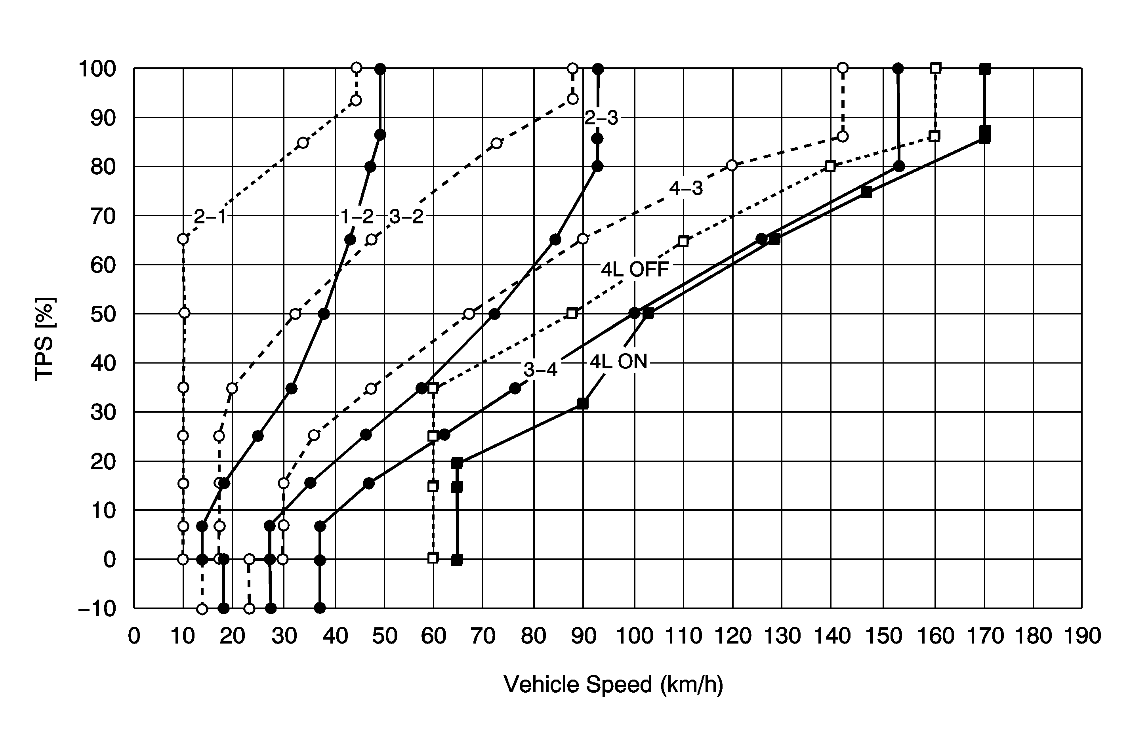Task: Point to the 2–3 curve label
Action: click(601, 118)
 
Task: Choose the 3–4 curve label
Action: click(540, 369)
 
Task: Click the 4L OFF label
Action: click(635, 270)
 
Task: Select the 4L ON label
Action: click(619, 362)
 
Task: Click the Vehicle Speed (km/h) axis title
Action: click(613, 684)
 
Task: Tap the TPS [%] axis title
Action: click(45, 339)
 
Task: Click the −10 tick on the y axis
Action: click(97, 609)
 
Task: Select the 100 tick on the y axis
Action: click(97, 69)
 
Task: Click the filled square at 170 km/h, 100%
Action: click(985, 69)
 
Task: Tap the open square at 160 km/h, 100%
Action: click(935, 68)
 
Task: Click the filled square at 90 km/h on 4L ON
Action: click(583, 404)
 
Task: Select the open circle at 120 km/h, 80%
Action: click(732, 165)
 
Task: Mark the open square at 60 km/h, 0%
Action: click(433, 558)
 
